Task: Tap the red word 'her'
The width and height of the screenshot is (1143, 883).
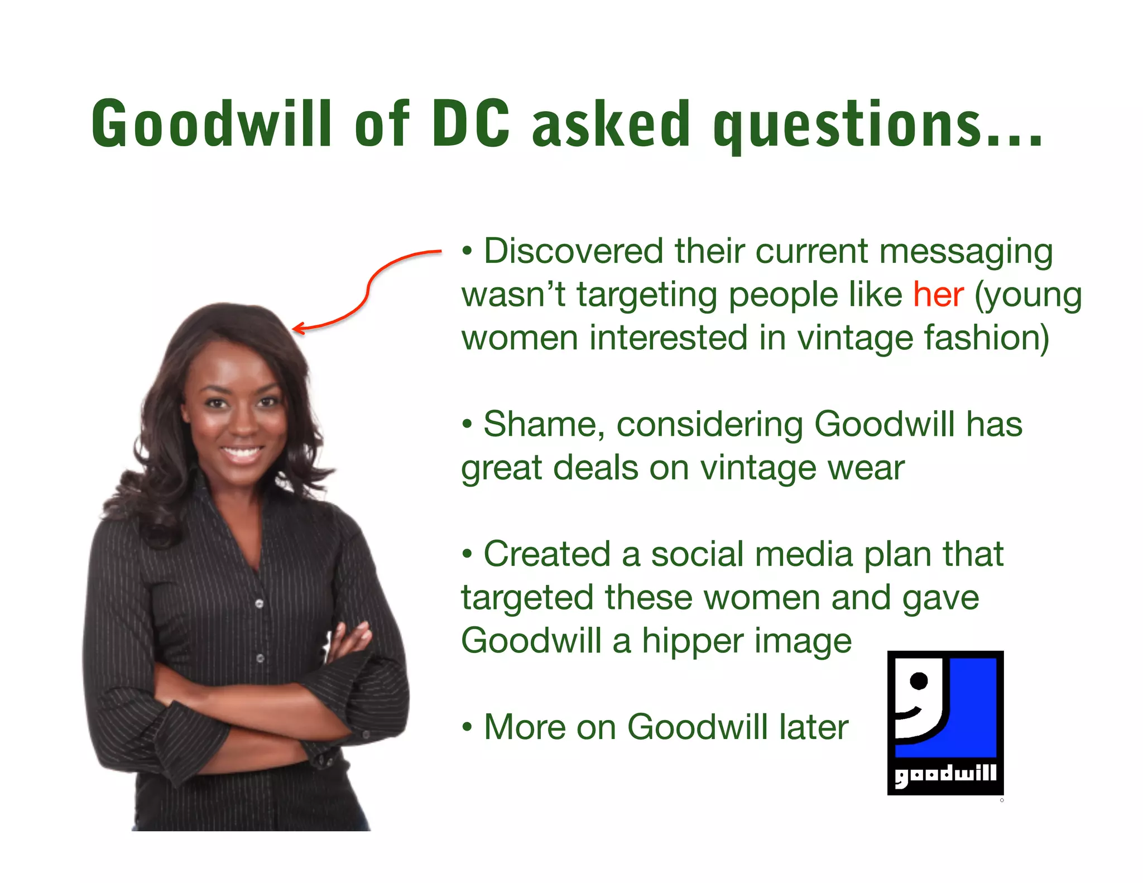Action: (938, 295)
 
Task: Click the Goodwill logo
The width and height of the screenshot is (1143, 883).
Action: (945, 722)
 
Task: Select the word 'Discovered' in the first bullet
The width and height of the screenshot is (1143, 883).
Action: (573, 251)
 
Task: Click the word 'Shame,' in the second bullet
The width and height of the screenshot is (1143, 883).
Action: (544, 424)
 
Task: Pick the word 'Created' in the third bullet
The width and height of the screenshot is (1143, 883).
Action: (546, 554)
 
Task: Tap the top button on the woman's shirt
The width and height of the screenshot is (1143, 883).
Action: (259, 603)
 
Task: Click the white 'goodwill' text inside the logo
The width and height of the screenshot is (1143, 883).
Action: (945, 775)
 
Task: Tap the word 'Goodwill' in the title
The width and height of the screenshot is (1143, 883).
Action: (212, 123)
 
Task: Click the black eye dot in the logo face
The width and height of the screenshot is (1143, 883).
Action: (918, 680)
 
